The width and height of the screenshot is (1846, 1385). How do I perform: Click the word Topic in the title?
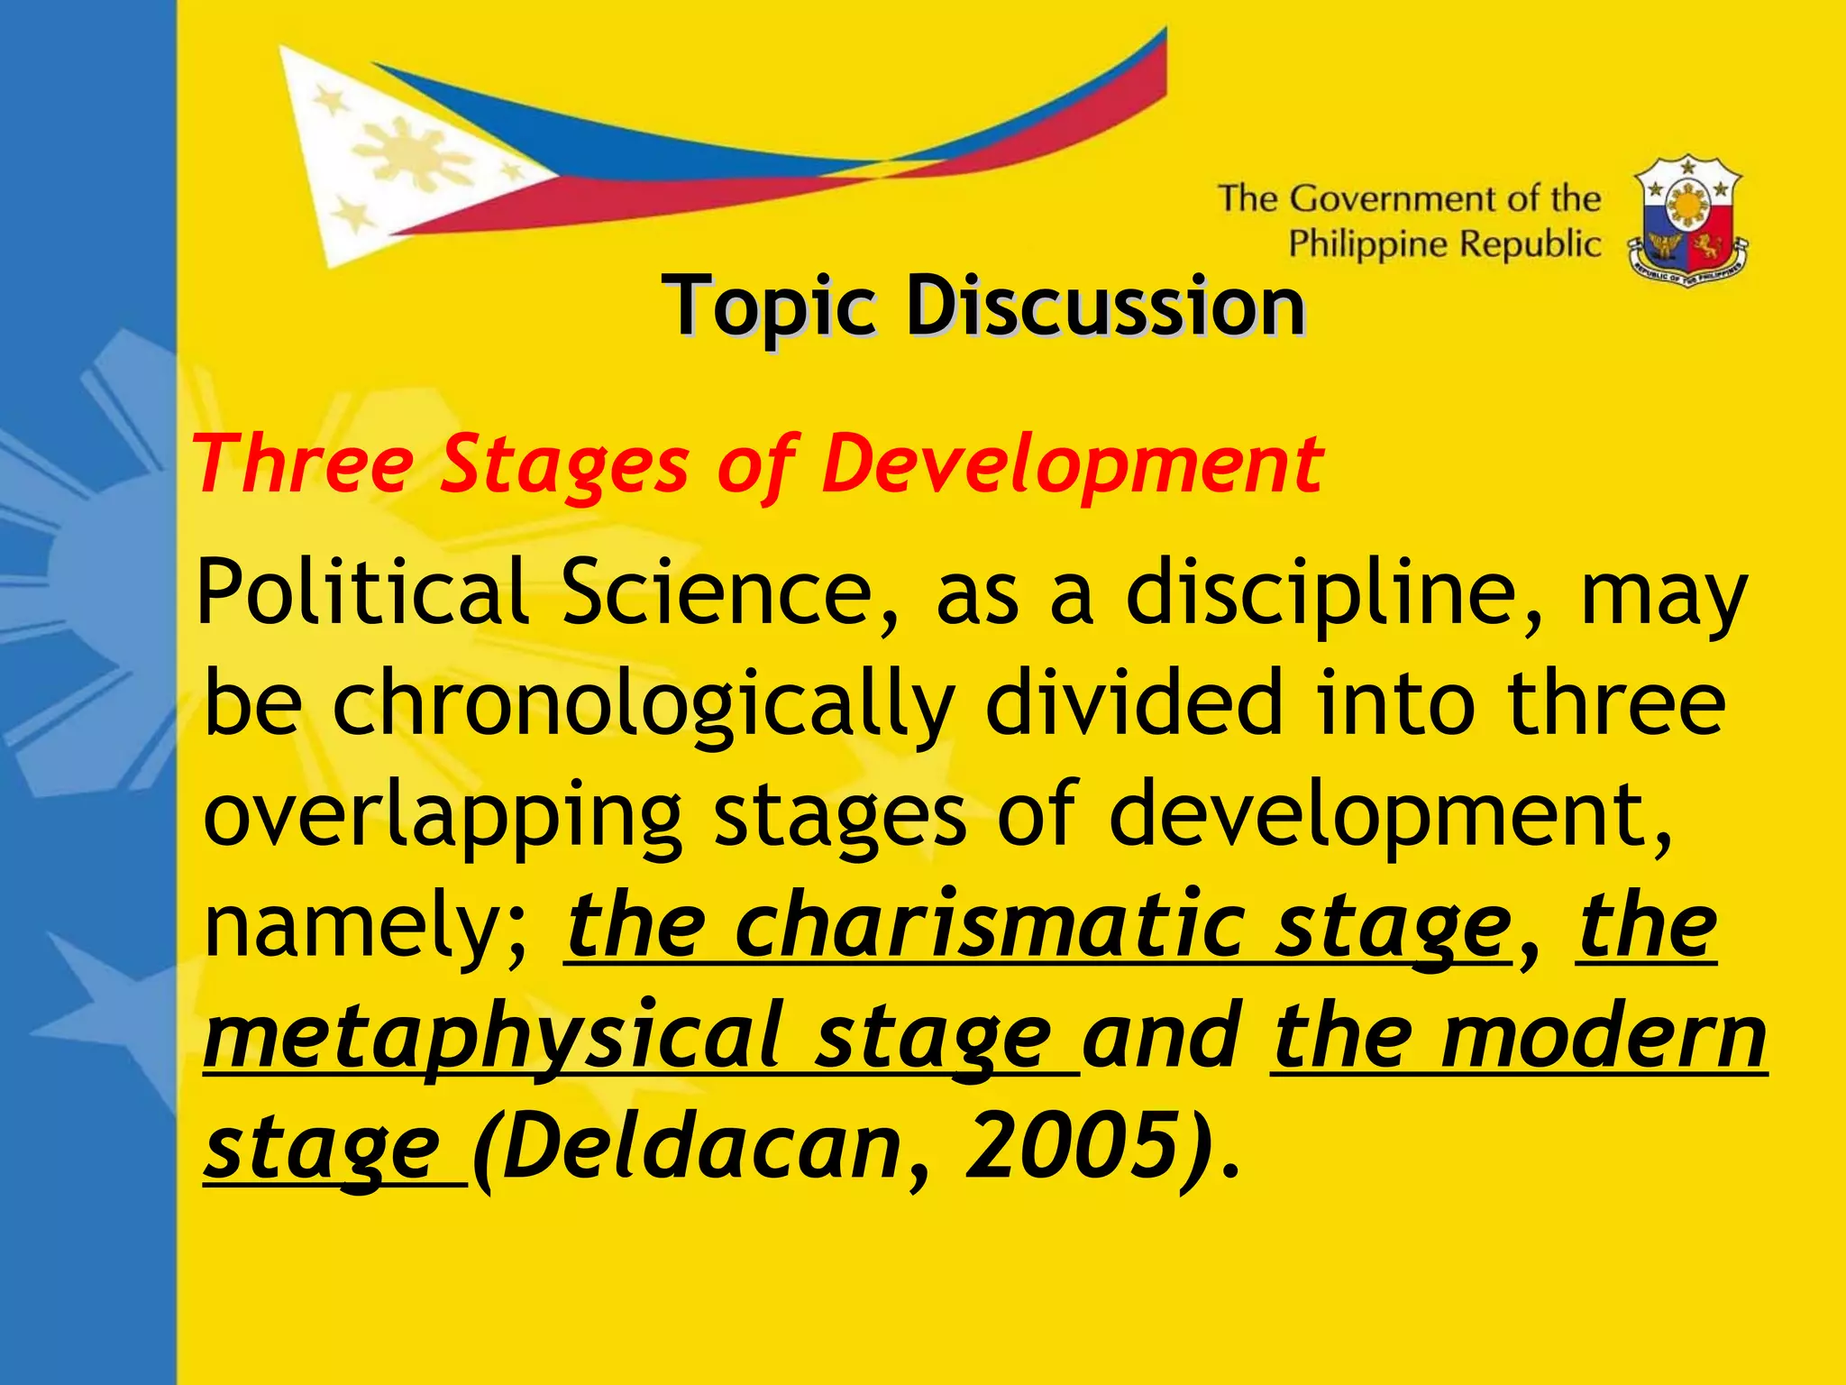click(x=769, y=308)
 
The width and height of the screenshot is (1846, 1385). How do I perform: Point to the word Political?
click(x=361, y=592)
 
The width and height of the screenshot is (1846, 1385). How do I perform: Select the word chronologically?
click(x=641, y=706)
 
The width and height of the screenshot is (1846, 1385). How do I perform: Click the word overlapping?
click(x=443, y=816)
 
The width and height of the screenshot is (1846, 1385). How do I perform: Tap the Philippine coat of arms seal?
click(x=1687, y=221)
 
